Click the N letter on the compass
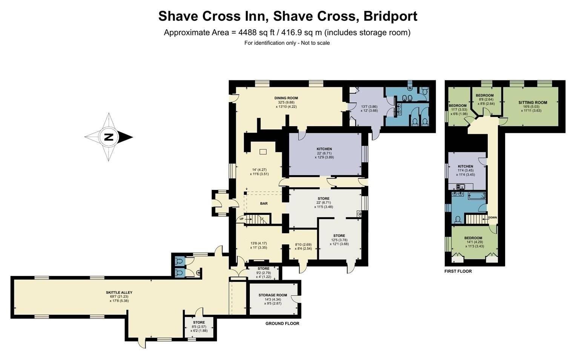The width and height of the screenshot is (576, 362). pyautogui.click(x=109, y=137)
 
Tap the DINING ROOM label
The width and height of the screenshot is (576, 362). pyautogui.click(x=286, y=98)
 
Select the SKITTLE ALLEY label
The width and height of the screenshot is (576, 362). pyautogui.click(x=119, y=293)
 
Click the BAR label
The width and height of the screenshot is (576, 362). pyautogui.click(x=264, y=203)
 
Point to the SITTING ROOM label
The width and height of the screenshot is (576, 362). pyautogui.click(x=533, y=102)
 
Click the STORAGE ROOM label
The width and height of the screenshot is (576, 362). pyautogui.click(x=273, y=295)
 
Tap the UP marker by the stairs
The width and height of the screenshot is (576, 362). pyautogui.click(x=241, y=219)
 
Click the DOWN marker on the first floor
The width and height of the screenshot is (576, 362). pyautogui.click(x=492, y=217)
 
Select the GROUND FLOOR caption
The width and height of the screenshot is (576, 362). pyautogui.click(x=283, y=323)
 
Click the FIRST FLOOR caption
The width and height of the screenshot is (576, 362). pyautogui.click(x=458, y=271)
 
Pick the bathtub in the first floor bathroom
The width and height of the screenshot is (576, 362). pyautogui.click(x=476, y=197)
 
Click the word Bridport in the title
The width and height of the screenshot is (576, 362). pyautogui.click(x=390, y=16)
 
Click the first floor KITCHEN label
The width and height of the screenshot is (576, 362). pyautogui.click(x=465, y=166)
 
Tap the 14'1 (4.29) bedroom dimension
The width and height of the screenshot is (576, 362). pyautogui.click(x=473, y=242)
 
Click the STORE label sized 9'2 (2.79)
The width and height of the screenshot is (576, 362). pyautogui.click(x=264, y=269)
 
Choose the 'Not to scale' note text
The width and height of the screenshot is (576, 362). pyautogui.click(x=315, y=43)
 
